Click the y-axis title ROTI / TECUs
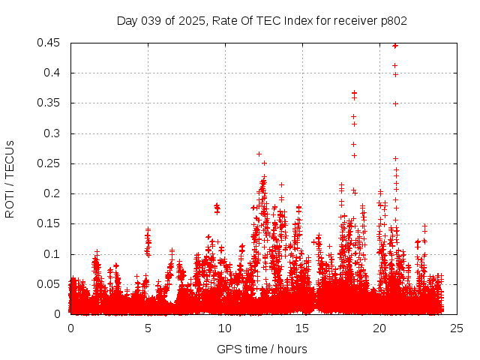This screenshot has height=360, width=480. tap(10, 178)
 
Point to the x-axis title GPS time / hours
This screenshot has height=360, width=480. tap(262, 349)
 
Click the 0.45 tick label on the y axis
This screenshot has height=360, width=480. tap(50, 43)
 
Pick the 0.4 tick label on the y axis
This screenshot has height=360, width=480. tap(53, 73)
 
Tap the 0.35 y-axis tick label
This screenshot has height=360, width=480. tap(50, 103)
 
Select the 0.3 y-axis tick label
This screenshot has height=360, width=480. tap(53, 133)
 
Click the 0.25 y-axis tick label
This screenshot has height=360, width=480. tap(50, 163)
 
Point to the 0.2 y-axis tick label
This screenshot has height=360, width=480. tap(53, 193)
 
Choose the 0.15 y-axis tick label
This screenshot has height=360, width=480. tap(50, 223)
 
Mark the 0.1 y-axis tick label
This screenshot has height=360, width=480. tap(53, 254)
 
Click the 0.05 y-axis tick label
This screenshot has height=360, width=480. tap(50, 284)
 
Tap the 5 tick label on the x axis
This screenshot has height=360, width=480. tap(148, 328)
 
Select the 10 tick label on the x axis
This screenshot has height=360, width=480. tap(225, 328)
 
